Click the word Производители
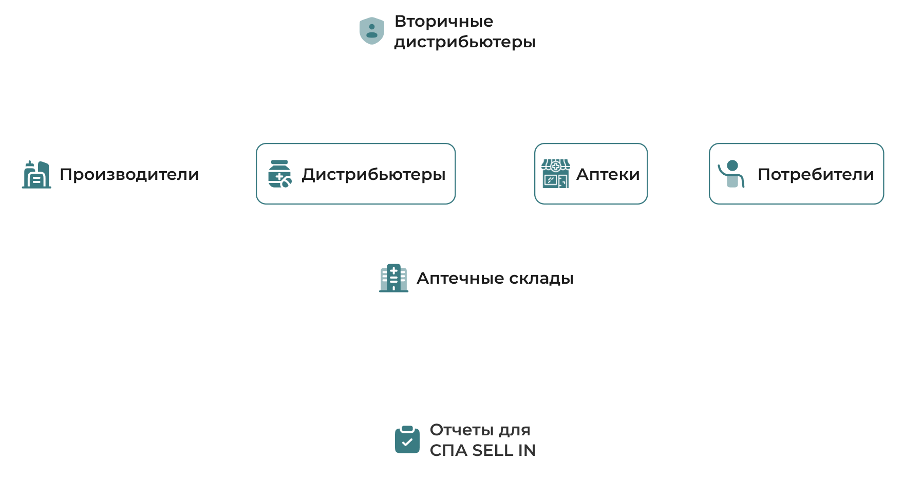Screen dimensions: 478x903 click(x=129, y=174)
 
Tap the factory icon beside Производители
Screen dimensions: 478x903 click(x=36, y=174)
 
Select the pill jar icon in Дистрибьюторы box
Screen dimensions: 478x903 click(x=279, y=174)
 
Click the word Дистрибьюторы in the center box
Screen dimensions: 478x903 click(x=373, y=174)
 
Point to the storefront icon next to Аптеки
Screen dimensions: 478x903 click(x=555, y=174)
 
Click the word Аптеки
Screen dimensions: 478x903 click(x=608, y=174)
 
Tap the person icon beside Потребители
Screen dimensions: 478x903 click(x=731, y=174)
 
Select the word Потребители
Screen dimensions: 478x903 click(x=816, y=174)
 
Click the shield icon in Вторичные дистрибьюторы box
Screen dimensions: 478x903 click(x=371, y=31)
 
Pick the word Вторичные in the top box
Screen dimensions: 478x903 click(x=444, y=21)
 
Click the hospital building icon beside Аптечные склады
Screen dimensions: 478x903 click(x=393, y=278)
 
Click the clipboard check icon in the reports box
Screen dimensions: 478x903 click(x=407, y=440)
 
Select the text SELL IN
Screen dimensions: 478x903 click(x=504, y=450)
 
